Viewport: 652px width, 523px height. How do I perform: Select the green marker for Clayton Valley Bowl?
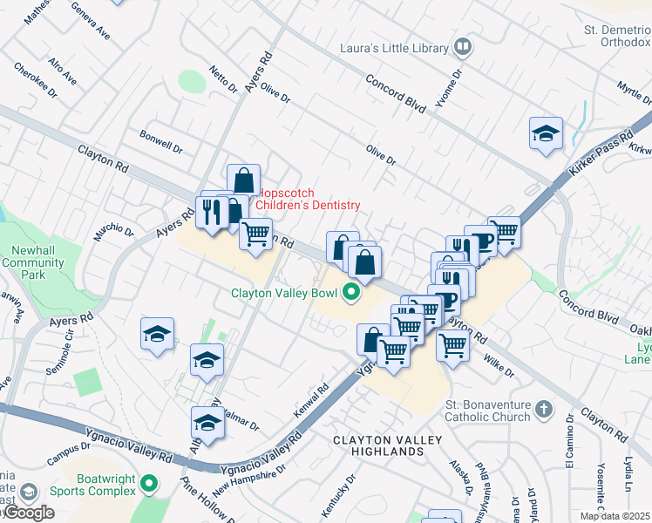click(x=352, y=293)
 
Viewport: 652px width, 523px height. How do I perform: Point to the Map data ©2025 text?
click(x=615, y=516)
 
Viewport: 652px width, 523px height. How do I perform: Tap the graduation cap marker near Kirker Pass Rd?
click(x=546, y=133)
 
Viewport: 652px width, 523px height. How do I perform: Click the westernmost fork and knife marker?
click(x=212, y=211)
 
